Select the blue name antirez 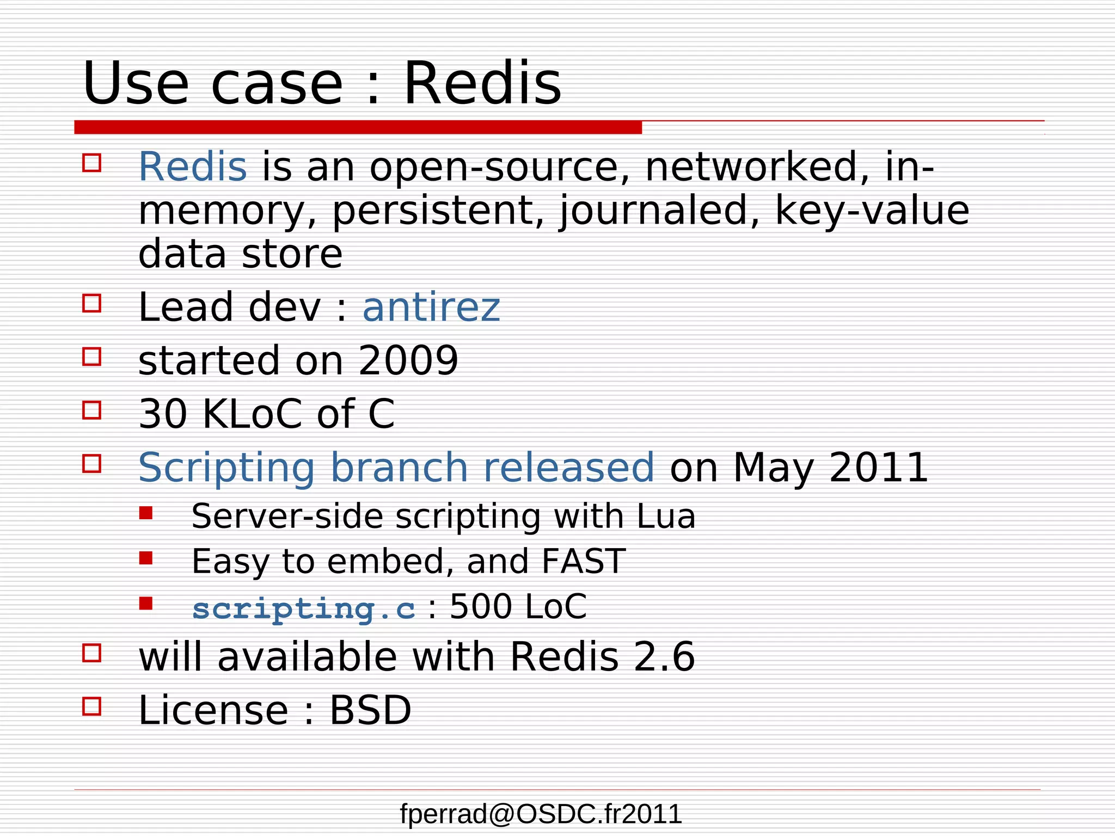coord(431,308)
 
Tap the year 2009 coord(408,361)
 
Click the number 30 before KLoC coord(163,414)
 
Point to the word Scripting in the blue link coord(226,468)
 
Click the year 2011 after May coord(878,468)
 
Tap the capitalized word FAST coord(583,562)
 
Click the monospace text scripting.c coord(304,608)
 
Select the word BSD coord(370,711)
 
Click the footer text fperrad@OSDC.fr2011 coord(541,814)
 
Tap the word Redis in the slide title coord(482,83)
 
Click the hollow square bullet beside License coord(92,706)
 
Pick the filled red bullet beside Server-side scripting coord(146,513)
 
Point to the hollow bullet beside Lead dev coord(92,303)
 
